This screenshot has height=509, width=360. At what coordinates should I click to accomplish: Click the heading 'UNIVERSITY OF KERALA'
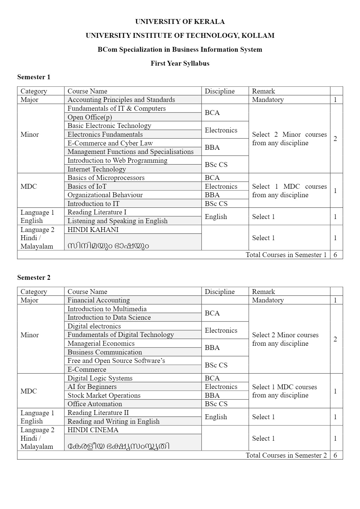(180, 21)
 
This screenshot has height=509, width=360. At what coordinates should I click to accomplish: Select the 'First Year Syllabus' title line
(180, 63)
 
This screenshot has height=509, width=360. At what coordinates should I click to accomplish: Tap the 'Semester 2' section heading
(34, 277)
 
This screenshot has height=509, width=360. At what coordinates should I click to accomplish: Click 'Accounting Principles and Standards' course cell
(121, 100)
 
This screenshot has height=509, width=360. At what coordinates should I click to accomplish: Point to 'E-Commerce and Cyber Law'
(110, 143)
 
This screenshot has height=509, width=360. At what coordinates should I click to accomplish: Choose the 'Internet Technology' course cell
(97, 169)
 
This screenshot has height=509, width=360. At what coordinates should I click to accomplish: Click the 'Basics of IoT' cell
(87, 186)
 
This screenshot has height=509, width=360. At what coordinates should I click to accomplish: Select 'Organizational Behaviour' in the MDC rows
(105, 195)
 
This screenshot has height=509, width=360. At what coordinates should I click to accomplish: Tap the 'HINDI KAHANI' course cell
(93, 230)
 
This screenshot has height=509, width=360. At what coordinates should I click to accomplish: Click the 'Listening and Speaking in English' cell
(117, 221)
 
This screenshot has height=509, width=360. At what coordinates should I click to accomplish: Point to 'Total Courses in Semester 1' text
(286, 255)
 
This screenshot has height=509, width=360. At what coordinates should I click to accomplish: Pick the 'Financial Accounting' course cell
(99, 300)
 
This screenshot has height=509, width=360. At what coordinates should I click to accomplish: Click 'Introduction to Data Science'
(109, 317)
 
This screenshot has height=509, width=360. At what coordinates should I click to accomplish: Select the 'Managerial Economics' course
(101, 343)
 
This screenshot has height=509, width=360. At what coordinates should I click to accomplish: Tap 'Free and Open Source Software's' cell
(116, 361)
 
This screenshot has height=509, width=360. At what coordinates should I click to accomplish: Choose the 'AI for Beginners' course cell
(92, 387)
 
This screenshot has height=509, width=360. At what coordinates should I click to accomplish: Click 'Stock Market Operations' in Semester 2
(104, 395)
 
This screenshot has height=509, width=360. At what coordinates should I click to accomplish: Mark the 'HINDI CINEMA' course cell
(93, 430)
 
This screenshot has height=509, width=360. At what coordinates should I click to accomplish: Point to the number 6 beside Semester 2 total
(335, 455)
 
